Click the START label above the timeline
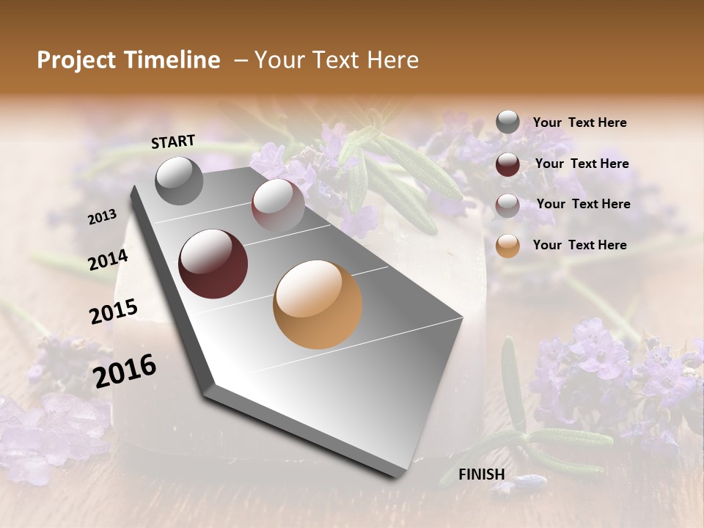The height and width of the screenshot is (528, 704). (x=173, y=142)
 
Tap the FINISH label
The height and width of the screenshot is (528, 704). (x=481, y=474)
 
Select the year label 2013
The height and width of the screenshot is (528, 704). (x=103, y=216)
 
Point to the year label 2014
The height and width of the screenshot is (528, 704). (x=108, y=260)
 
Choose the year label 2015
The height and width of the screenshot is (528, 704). (x=114, y=312)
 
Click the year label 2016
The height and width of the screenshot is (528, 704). (x=125, y=370)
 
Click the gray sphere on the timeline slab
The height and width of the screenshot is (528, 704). (x=180, y=181)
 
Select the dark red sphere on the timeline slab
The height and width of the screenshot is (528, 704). (x=213, y=264)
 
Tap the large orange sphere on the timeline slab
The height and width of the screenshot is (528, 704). (x=318, y=304)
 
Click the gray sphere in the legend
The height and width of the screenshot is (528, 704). (x=507, y=122)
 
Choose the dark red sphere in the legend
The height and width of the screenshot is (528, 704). (x=507, y=164)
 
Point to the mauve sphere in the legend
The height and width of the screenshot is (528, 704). (x=507, y=205)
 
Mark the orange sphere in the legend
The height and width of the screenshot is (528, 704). (x=507, y=246)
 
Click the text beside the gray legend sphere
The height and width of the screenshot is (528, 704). (x=579, y=122)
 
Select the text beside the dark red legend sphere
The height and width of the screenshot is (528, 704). (x=582, y=164)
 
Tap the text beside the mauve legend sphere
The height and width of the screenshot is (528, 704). (x=583, y=204)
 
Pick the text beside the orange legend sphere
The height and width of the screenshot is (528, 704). (x=579, y=245)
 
